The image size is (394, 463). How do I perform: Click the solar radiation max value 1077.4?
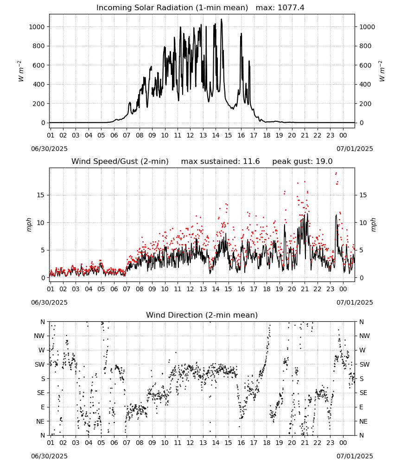291,8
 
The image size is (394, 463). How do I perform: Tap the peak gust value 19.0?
323,162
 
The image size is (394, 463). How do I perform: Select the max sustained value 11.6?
251,162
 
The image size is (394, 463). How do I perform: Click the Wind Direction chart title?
202,315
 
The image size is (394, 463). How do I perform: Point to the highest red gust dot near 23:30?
336,173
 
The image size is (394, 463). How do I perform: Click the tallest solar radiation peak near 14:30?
222,19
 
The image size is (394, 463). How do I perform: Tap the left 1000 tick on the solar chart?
37,27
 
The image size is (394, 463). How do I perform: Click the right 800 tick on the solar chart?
365,46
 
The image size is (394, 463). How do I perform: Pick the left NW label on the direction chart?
39,336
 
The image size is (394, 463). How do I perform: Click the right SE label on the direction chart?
363,393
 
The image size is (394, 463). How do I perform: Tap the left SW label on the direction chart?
39,364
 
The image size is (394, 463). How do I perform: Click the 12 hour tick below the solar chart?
190,136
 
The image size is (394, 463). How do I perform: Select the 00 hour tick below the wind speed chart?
343,289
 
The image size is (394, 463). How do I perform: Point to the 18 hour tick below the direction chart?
267,443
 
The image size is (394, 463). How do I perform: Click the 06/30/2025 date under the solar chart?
49,149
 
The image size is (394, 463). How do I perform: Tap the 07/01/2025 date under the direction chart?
355,456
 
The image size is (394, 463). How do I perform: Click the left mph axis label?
29,225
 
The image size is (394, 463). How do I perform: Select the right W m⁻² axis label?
381,71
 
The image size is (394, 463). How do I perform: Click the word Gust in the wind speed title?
129,162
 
